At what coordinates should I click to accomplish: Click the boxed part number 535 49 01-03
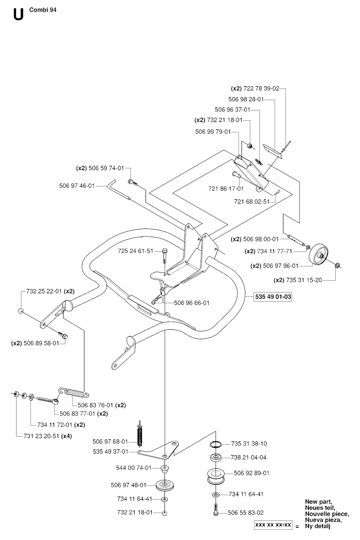273,297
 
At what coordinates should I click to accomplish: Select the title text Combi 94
43,10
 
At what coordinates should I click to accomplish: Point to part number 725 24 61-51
136,251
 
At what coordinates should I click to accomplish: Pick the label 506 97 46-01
77,186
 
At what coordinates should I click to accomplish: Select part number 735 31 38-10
249,444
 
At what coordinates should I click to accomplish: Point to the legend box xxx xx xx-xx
273,525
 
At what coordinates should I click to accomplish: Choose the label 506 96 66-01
192,303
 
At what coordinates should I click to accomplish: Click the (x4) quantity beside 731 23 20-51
66,436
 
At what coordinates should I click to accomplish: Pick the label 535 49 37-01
111,451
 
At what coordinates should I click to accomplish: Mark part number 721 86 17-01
226,189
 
